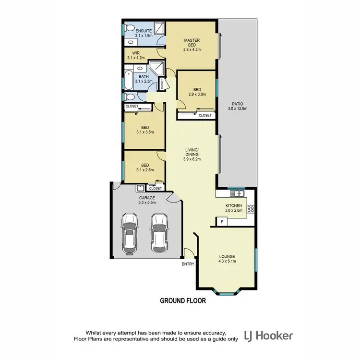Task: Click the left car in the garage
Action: click(130, 234)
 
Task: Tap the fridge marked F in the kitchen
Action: click(222, 221)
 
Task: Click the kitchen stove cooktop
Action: click(250, 209)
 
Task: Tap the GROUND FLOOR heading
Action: click(182, 301)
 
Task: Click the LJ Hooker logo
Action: click(268, 336)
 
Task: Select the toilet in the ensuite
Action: click(127, 29)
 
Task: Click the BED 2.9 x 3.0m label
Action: click(197, 92)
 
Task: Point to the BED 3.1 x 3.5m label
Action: click(144, 130)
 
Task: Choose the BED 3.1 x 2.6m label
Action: click(144, 167)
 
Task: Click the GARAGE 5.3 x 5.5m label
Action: click(147, 200)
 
